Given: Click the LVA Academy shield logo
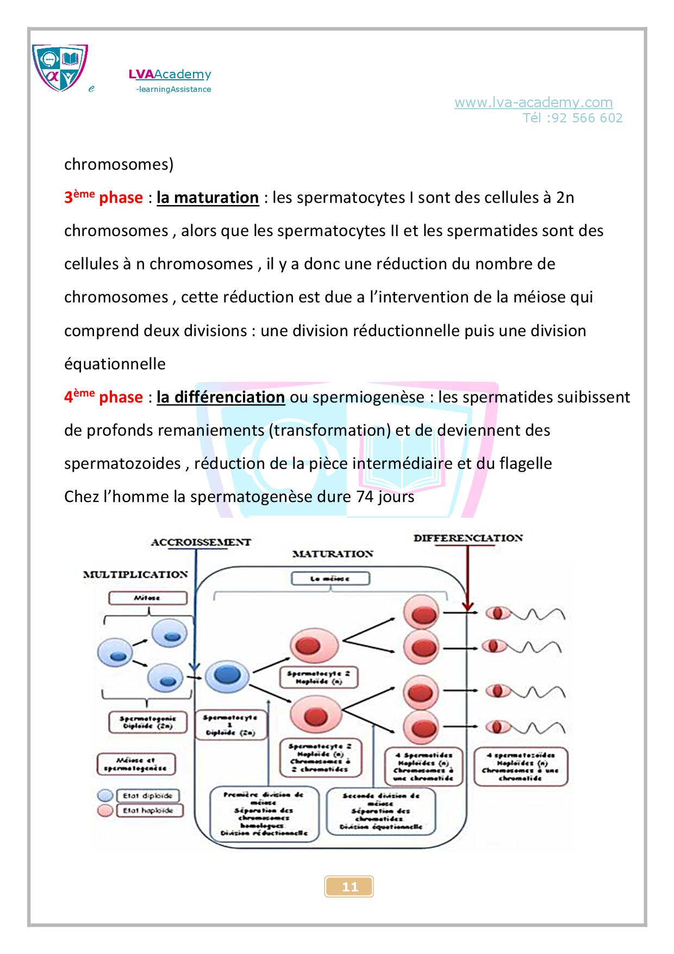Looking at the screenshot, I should [x=60, y=68].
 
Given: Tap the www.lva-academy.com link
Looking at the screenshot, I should [x=533, y=102].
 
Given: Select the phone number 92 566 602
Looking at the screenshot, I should [x=587, y=118].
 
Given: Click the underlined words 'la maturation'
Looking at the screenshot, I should [x=208, y=197].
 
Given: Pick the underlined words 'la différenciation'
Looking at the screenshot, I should [x=221, y=397].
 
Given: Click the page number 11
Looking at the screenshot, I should [x=350, y=887].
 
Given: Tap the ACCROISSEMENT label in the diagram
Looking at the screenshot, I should [x=201, y=542].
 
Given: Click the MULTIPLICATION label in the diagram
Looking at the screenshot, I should [x=135, y=574].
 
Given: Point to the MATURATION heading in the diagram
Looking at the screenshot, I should [x=333, y=554].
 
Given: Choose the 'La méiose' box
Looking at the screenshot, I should [x=330, y=579].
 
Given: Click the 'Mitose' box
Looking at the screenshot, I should [x=148, y=598].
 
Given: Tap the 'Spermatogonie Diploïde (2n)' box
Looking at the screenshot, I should [x=148, y=722].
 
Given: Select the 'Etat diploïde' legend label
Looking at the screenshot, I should [x=148, y=796].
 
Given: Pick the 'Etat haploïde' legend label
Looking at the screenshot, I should [x=148, y=810].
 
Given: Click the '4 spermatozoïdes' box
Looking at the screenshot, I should [x=521, y=766].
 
